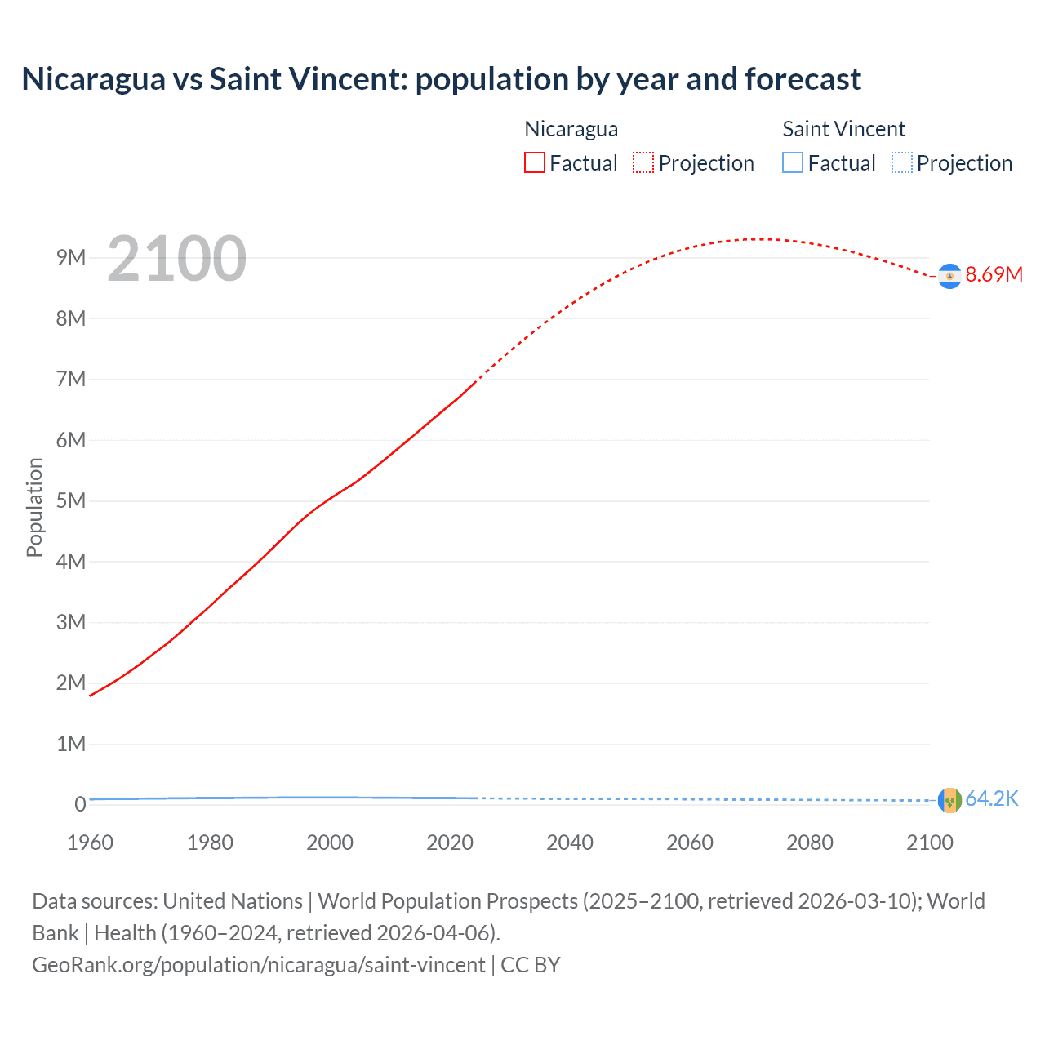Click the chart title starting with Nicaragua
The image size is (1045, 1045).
tap(441, 79)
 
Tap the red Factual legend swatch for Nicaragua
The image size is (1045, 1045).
tap(535, 162)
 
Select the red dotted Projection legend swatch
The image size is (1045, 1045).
tap(643, 162)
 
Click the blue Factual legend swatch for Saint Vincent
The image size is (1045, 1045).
tap(793, 162)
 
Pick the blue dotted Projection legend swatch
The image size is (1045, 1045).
tap(902, 162)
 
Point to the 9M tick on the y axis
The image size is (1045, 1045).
tap(71, 258)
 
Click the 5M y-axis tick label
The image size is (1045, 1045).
tap(71, 500)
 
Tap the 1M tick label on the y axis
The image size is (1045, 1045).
tap(71, 744)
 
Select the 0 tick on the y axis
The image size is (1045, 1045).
tap(80, 804)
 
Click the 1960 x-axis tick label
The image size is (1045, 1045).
tap(90, 843)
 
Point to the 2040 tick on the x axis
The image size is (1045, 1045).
tap(570, 843)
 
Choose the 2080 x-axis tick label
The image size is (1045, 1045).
tap(810, 843)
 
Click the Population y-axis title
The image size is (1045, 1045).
tap(34, 507)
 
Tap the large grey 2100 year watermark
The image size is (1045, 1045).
tap(176, 259)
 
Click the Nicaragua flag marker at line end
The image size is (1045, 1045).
tap(949, 277)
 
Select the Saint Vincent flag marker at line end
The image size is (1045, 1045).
tap(949, 800)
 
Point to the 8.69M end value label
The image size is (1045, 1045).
tap(994, 275)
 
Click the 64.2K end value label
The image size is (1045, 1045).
tap(992, 799)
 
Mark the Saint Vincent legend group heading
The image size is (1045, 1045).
tap(843, 129)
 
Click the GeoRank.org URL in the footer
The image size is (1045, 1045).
tap(259, 965)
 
